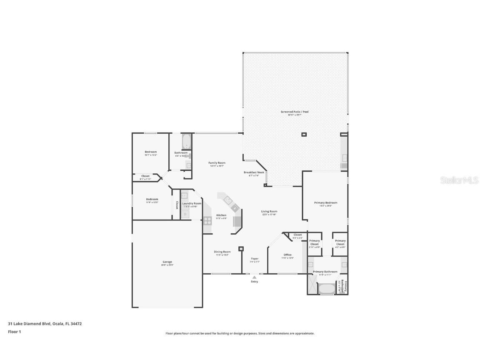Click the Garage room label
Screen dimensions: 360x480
point(167,262)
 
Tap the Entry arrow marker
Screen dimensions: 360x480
point(254,277)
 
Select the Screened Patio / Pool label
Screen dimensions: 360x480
point(295,112)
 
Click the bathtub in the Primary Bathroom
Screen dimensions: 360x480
point(327,288)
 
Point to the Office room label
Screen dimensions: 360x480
point(287,255)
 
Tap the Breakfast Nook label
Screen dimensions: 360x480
point(254,172)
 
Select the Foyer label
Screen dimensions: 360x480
point(255,259)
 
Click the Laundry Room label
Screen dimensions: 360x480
point(192,203)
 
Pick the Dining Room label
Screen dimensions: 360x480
point(222,252)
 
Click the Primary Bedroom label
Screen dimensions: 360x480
point(325,203)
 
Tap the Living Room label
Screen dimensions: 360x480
point(269,211)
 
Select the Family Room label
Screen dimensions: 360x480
point(217,163)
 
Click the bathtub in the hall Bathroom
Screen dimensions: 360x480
point(186,142)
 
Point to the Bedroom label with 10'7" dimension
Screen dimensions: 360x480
point(151,152)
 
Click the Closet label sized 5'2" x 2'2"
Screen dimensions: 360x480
point(297,235)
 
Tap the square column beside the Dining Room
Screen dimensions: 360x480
point(241,249)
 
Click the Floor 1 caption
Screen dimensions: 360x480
point(14,332)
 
